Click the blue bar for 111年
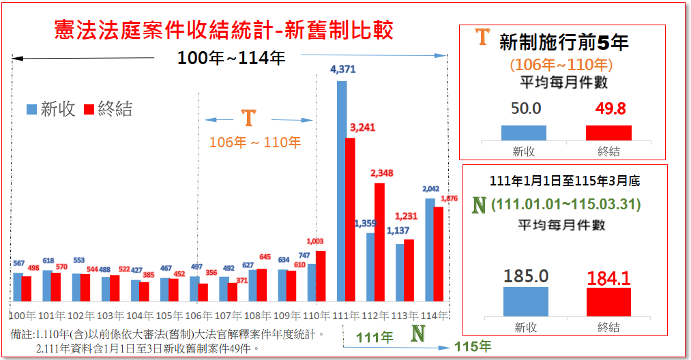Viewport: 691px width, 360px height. click(x=342, y=191)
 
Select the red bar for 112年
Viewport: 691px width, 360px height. click(x=379, y=242)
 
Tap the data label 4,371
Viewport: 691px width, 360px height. click(x=342, y=70)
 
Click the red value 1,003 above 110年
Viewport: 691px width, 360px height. click(x=315, y=241)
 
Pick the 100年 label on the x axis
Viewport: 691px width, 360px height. click(x=22, y=316)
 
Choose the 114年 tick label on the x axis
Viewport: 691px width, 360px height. click(x=435, y=316)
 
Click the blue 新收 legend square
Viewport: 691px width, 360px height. click(x=31, y=109)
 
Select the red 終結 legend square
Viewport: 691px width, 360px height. click(x=89, y=109)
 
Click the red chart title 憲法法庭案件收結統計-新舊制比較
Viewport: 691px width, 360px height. click(x=224, y=31)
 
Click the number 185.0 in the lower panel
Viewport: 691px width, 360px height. click(x=526, y=275)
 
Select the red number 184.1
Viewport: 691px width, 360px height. click(x=609, y=276)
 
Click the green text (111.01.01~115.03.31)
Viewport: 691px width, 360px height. click(x=565, y=205)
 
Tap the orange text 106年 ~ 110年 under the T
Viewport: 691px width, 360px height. click(x=254, y=142)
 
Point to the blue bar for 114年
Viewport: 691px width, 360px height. click(x=430, y=250)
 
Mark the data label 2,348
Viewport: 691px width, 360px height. click(x=381, y=173)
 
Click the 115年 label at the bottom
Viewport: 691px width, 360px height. click(x=472, y=346)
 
